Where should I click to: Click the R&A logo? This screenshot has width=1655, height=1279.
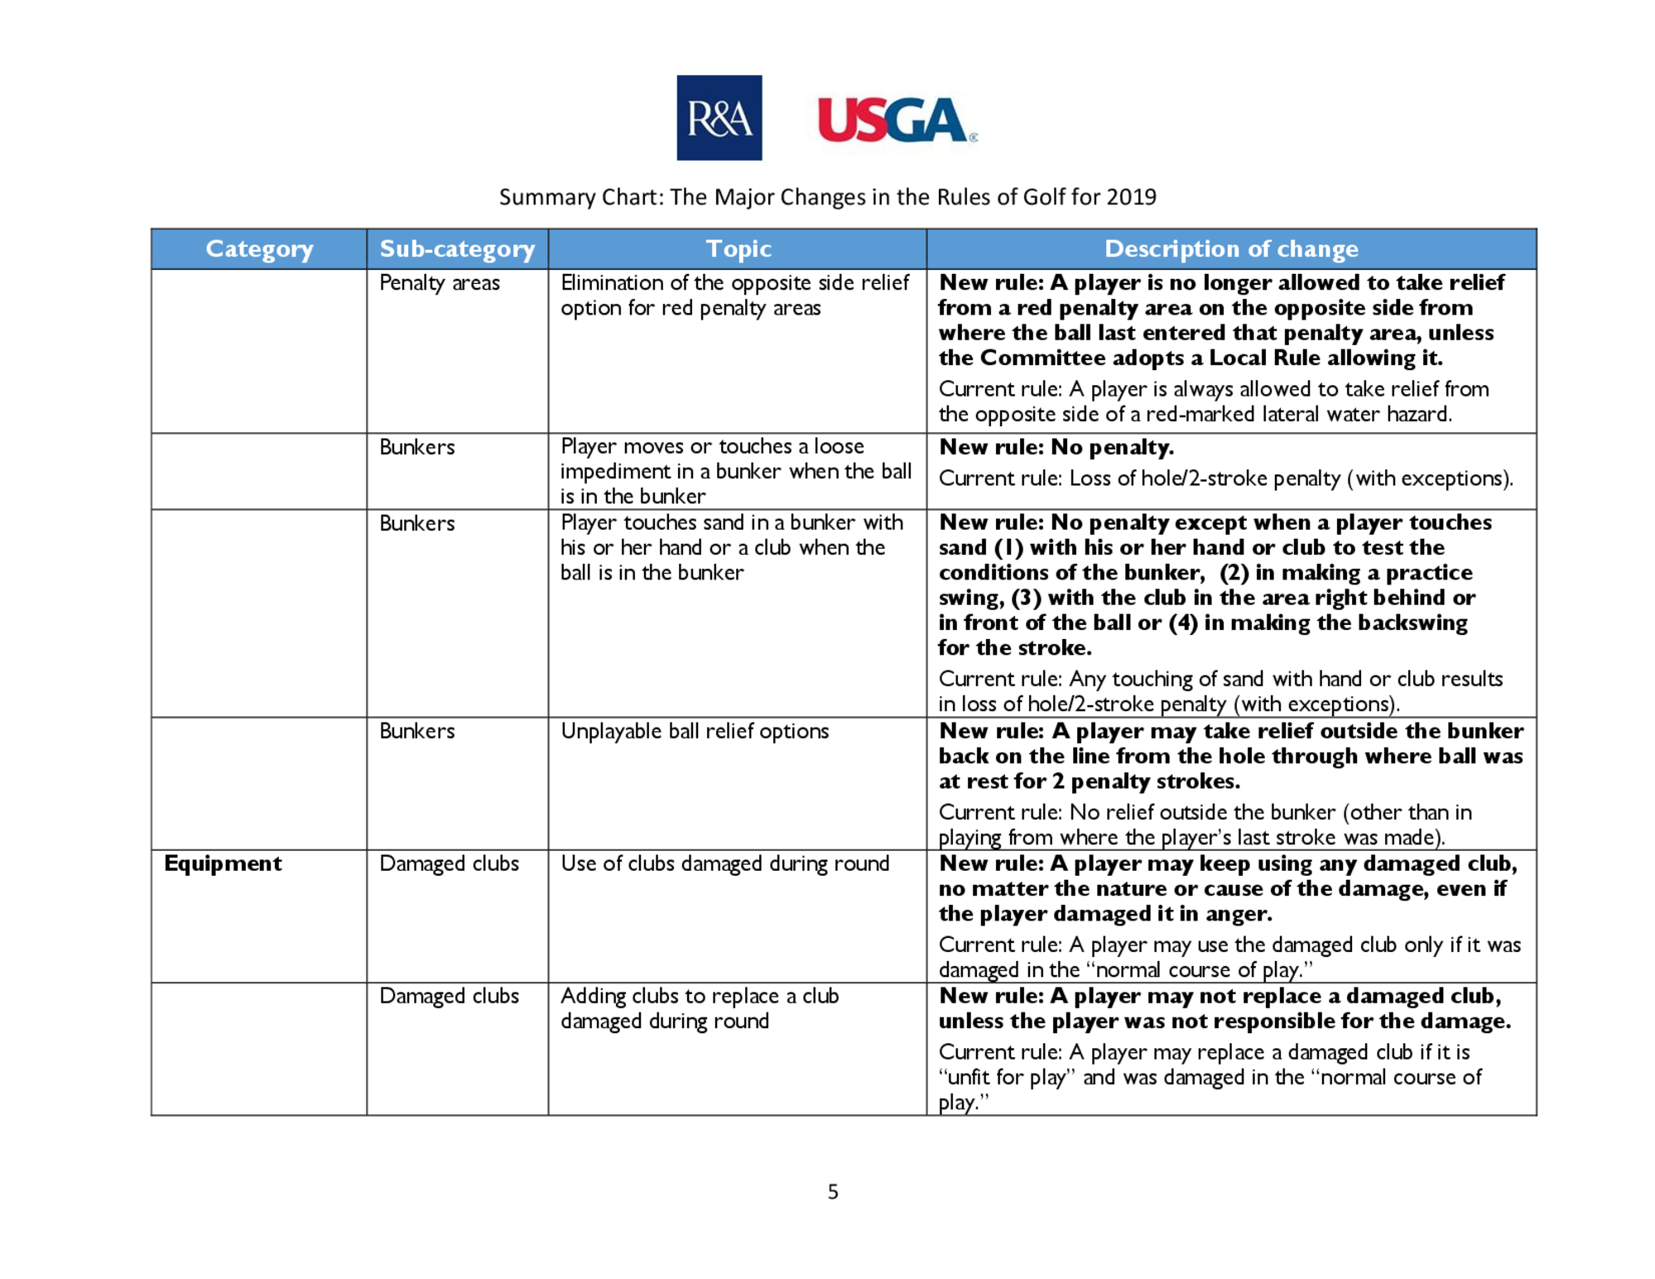tap(719, 118)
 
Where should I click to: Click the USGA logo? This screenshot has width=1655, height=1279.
tap(896, 120)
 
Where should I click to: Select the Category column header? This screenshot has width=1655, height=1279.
tap(259, 249)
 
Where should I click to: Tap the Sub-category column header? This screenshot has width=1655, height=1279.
tap(457, 249)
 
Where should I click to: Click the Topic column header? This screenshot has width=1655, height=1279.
tap(738, 249)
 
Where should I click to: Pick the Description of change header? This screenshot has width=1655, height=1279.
tap(1231, 249)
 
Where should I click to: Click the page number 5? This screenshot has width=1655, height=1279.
tap(833, 1191)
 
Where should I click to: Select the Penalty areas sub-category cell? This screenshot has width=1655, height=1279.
tap(440, 283)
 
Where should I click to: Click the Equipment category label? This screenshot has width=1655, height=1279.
tap(223, 863)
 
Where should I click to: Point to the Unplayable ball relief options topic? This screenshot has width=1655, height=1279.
tap(694, 731)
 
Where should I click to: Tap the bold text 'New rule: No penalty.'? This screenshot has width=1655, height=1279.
tap(1056, 448)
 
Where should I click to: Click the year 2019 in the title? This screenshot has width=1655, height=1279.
tap(1131, 197)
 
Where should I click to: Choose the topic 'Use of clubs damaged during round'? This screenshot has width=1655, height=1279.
tap(724, 863)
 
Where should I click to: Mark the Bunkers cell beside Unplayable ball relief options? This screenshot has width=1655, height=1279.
tap(417, 731)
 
